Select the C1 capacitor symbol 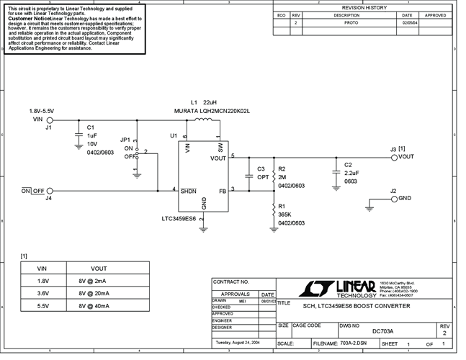pos(77,135)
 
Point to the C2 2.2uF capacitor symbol pos(334,171)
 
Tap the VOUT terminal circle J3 pos(393,156)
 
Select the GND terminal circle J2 pos(393,198)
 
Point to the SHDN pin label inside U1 pos(188,191)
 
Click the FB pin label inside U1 pos(223,191)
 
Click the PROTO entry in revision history pos(351,22)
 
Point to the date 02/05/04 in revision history pos(407,22)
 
